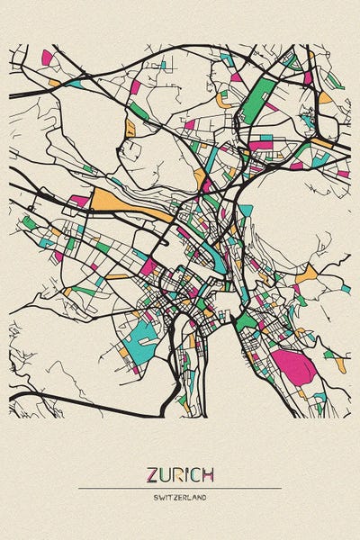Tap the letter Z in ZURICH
click(x=152, y=474)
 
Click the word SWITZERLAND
click(x=180, y=497)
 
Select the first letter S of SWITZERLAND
click(x=156, y=497)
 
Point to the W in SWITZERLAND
click(x=161, y=497)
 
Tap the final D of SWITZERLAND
click(x=204, y=497)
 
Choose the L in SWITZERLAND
click(x=189, y=497)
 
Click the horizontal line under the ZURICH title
click(x=180, y=488)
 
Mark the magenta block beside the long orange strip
click(x=79, y=201)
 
